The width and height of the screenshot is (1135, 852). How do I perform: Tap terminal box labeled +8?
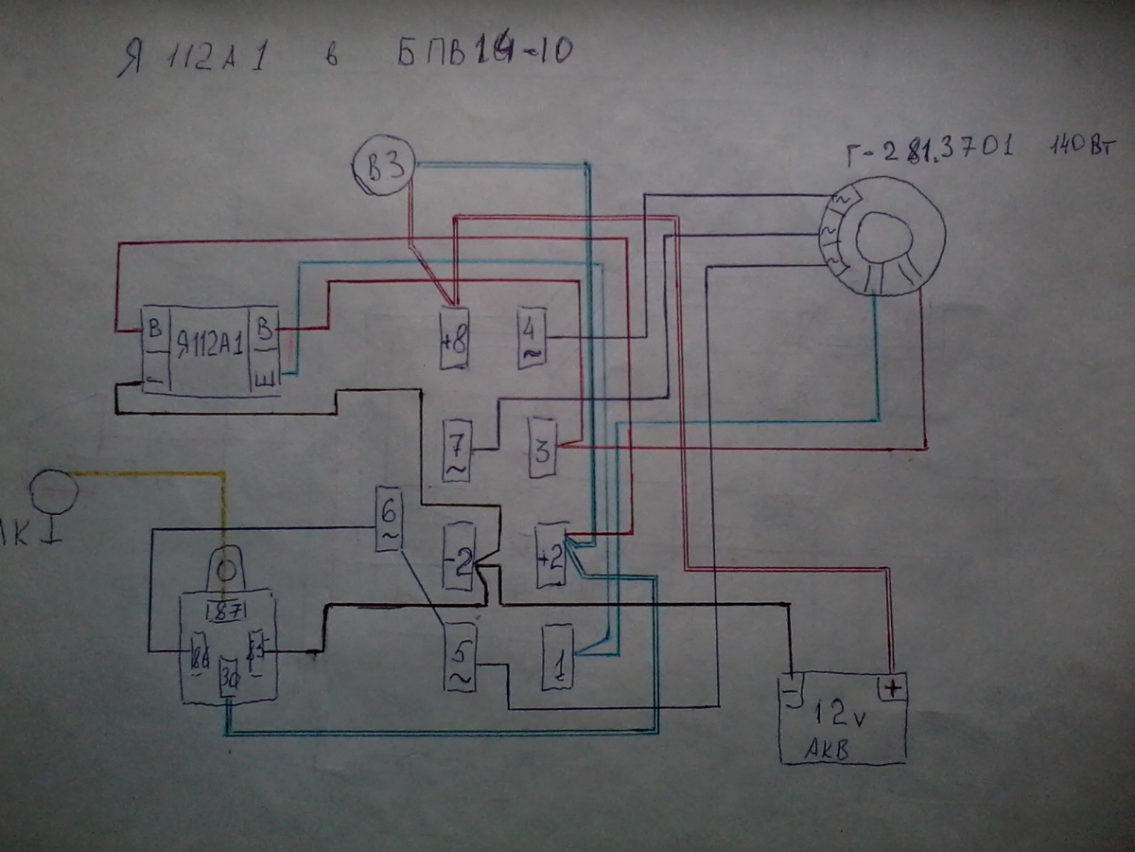coord(453,338)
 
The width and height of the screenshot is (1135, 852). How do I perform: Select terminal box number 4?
coord(531,339)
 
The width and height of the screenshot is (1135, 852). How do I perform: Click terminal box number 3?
coord(542,450)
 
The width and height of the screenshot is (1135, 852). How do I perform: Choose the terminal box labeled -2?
coord(458,558)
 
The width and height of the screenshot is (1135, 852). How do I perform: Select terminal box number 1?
coord(557,658)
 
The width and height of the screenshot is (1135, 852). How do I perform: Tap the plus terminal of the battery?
coord(892,687)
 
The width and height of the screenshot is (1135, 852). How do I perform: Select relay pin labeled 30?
coord(229,680)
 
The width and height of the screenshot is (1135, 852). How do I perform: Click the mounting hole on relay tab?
coord(225,570)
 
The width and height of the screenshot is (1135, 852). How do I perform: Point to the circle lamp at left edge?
coord(53,493)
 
